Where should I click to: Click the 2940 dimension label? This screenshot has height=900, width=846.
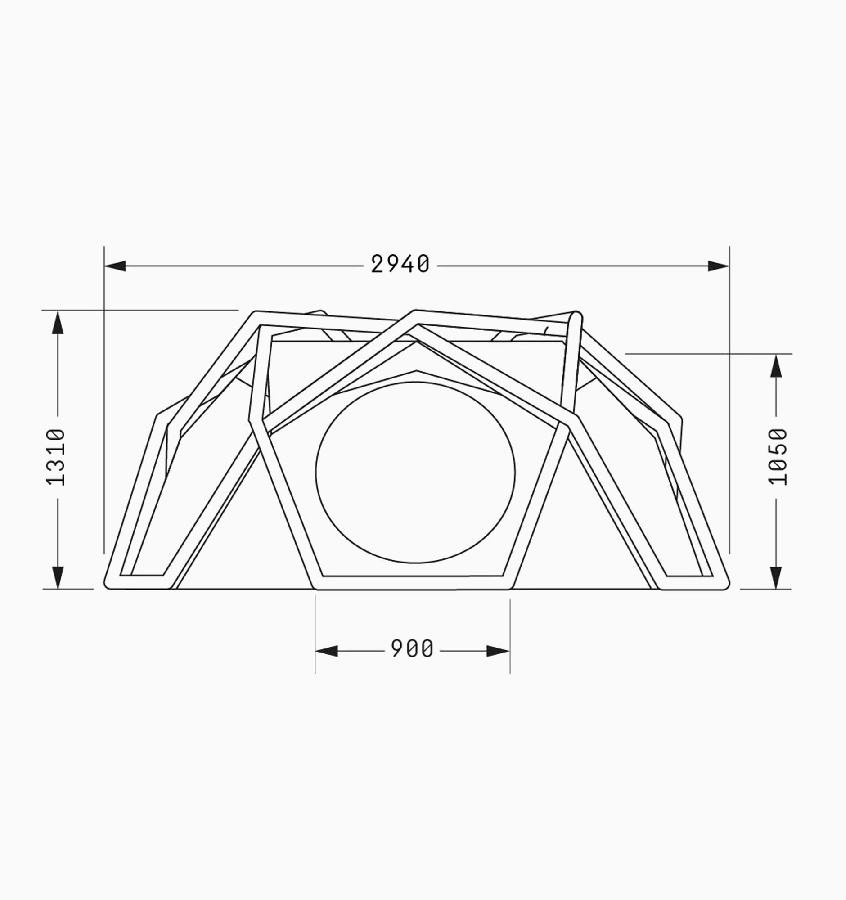[x=400, y=264]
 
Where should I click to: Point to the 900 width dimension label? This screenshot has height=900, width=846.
[x=412, y=649]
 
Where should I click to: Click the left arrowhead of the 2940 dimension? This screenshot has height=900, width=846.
[x=115, y=266]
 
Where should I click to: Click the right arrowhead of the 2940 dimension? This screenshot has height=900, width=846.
[x=718, y=266]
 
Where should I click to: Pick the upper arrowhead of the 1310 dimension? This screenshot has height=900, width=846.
[x=58, y=322]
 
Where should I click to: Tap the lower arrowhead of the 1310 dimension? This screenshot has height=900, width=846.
[x=58, y=578]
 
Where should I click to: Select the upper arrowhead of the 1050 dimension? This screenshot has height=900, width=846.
[x=777, y=365]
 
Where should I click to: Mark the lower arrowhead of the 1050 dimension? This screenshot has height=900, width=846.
[x=777, y=578]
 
